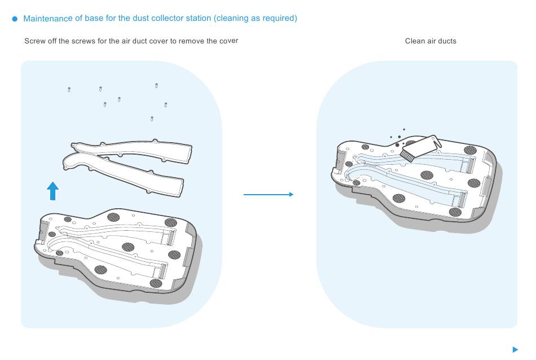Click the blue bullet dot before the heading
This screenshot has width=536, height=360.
[15, 19]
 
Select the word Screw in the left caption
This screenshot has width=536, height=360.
[35, 41]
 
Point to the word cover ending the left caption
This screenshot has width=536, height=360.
[229, 41]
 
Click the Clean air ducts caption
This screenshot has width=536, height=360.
[430, 41]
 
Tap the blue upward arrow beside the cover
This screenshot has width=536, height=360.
[52, 191]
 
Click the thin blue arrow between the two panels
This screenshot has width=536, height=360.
[269, 195]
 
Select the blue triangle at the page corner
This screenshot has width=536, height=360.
[515, 349]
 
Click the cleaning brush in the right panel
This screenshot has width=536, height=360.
[420, 148]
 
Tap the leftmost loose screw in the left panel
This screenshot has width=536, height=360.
[69, 90]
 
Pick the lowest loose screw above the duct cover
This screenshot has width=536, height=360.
[152, 118]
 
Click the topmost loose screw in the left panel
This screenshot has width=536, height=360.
[156, 85]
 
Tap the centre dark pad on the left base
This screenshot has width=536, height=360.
[128, 247]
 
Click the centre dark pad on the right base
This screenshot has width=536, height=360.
[427, 175]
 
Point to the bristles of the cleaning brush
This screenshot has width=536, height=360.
[407, 156]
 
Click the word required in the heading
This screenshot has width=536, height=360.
[278, 18]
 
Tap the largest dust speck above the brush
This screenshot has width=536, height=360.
[397, 145]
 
